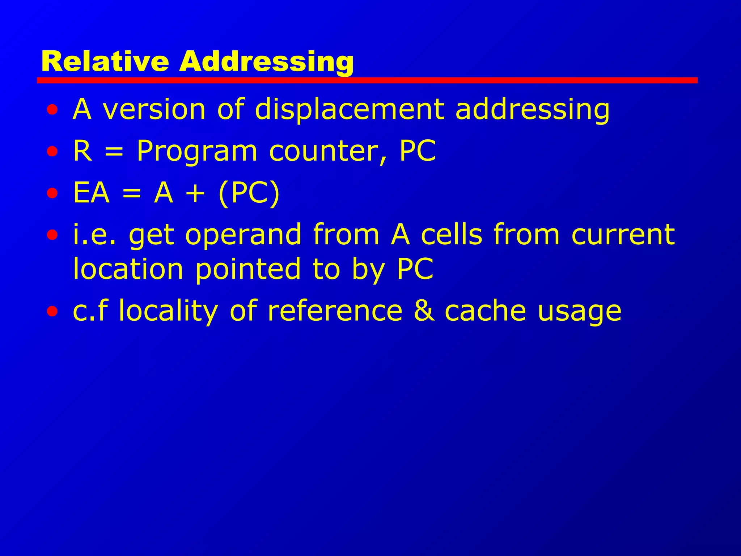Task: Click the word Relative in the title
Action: (x=105, y=62)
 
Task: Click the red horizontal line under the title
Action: (x=367, y=80)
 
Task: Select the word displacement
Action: (x=350, y=109)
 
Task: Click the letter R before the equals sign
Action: (x=82, y=151)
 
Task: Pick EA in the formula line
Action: (x=91, y=193)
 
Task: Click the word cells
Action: (x=452, y=235)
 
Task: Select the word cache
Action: (x=485, y=311)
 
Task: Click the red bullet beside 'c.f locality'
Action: (x=52, y=311)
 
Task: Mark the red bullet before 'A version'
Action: (x=52, y=109)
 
